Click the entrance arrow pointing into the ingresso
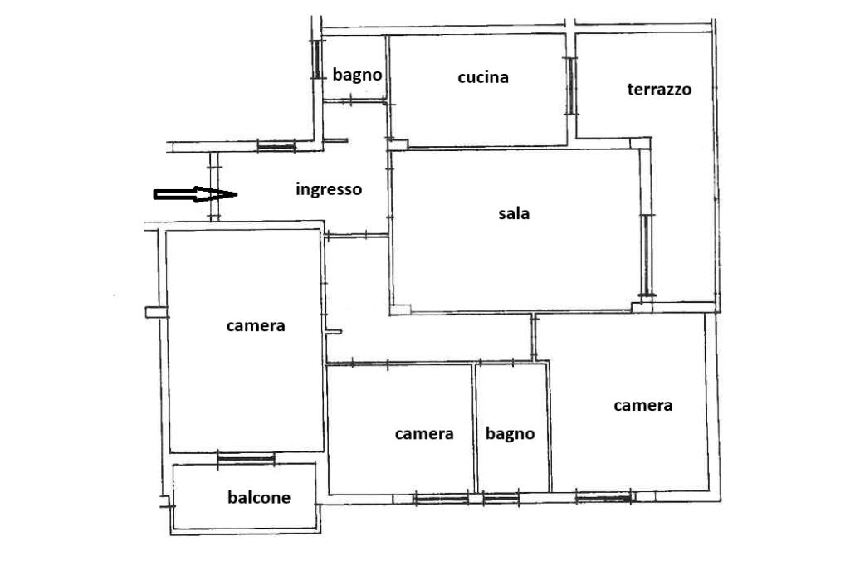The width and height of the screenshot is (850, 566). pyautogui.click(x=195, y=194)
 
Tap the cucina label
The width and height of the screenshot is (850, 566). pyautogui.click(x=483, y=77)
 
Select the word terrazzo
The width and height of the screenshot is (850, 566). pyautogui.click(x=659, y=90)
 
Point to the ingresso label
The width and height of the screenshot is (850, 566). pyautogui.click(x=329, y=190)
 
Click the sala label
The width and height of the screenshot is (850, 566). pyautogui.click(x=514, y=213)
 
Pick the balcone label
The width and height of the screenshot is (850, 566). pyautogui.click(x=259, y=498)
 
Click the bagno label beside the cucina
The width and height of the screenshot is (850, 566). pyautogui.click(x=357, y=75)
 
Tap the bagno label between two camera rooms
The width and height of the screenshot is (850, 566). pyautogui.click(x=510, y=434)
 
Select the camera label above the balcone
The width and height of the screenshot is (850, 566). pyautogui.click(x=256, y=326)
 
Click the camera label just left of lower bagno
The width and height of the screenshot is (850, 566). pyautogui.click(x=424, y=434)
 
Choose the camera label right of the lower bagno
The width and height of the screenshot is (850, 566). pyautogui.click(x=643, y=406)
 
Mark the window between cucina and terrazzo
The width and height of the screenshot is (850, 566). pyautogui.click(x=570, y=86)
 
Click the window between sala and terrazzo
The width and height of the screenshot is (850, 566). pyautogui.click(x=646, y=256)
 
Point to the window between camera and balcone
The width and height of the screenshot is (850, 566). pyautogui.click(x=246, y=459)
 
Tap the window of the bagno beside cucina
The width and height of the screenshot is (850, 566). pyautogui.click(x=316, y=59)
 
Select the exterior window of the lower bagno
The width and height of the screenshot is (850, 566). pyautogui.click(x=501, y=498)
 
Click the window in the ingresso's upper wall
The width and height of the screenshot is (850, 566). pyautogui.click(x=276, y=146)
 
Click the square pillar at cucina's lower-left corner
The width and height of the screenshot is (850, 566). pyautogui.click(x=399, y=144)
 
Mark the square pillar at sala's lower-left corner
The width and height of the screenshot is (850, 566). pyautogui.click(x=400, y=310)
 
